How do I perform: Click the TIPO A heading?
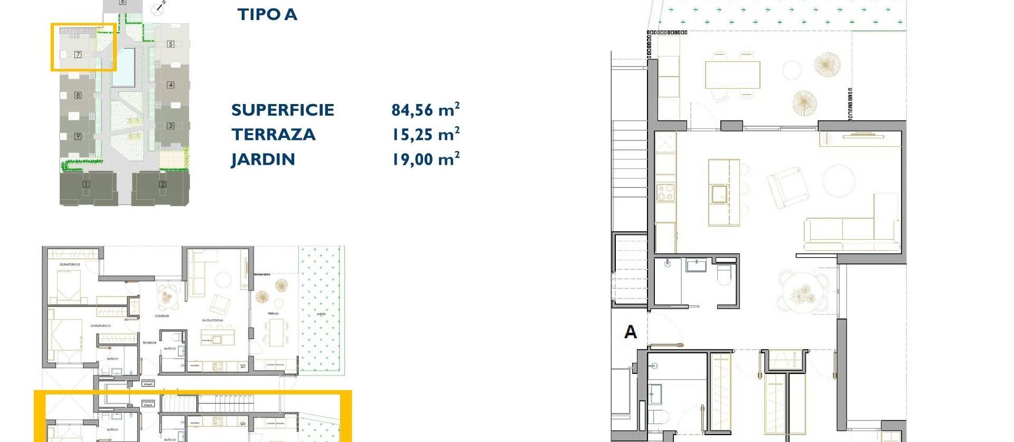tap(267, 14)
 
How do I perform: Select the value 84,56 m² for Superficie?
tap(425, 109)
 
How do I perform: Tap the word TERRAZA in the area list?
tap(273, 134)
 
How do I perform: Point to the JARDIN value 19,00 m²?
tap(425, 159)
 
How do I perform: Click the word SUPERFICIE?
tap(283, 109)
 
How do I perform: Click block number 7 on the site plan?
tap(78, 54)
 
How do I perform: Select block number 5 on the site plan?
tap(171, 44)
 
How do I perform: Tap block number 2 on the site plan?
tap(163, 184)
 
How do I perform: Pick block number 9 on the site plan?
tap(78, 136)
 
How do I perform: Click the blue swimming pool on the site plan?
tap(124, 67)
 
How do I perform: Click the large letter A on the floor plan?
tap(630, 332)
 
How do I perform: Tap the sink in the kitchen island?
tap(719, 194)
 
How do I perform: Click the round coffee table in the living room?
tap(839, 181)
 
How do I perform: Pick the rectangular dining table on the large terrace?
tap(732, 75)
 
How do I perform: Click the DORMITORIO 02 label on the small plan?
tap(69, 264)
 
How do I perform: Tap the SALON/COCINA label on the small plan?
tap(212, 320)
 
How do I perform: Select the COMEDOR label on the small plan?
tap(162, 316)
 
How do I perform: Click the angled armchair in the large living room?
tap(787, 186)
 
